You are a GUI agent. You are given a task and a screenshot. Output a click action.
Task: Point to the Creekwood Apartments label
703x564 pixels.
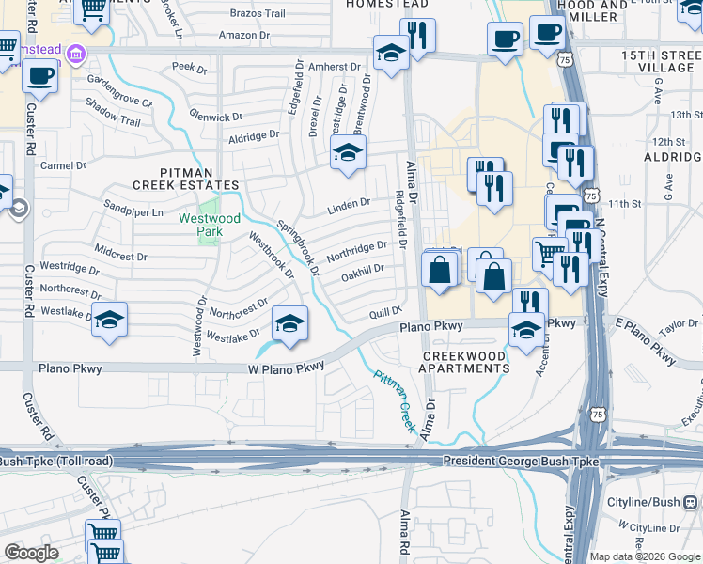point(466,362)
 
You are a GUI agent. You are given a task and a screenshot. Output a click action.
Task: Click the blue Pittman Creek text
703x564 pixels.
point(395,400)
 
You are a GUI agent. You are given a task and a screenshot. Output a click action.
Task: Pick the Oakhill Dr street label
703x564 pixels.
point(363,271)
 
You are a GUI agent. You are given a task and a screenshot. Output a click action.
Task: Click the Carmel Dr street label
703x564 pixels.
point(64,165)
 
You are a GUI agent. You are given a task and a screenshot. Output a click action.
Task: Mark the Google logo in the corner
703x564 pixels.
point(31,553)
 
